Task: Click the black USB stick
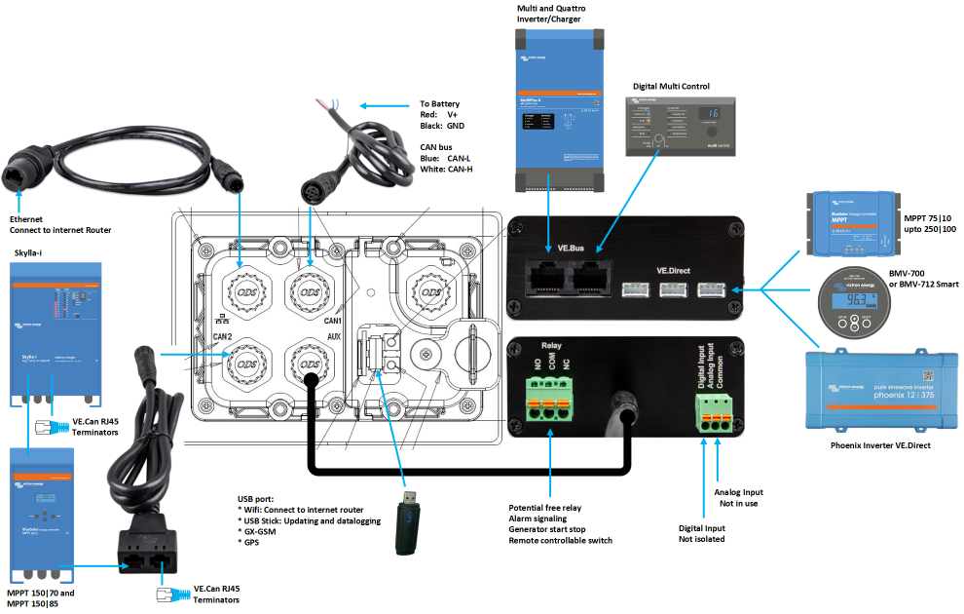tap(410, 522)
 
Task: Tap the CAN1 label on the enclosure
tap(334, 321)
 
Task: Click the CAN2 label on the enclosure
tap(223, 335)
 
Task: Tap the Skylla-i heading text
tap(28, 252)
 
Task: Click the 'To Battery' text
tap(439, 104)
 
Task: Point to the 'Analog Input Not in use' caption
tap(739, 498)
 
